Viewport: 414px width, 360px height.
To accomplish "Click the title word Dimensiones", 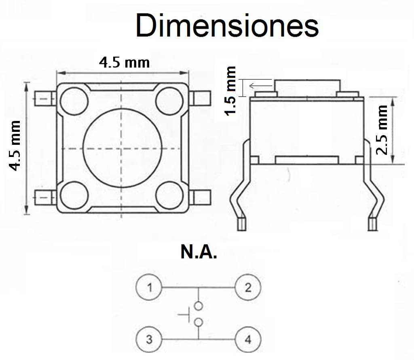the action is pyautogui.click(x=227, y=25).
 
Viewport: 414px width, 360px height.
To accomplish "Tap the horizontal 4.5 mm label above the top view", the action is pyautogui.click(x=125, y=63).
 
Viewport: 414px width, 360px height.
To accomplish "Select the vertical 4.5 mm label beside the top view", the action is pyautogui.click(x=15, y=146).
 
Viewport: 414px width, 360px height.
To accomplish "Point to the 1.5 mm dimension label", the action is pyautogui.click(x=230, y=91).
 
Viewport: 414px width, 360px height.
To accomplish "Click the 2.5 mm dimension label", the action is pyautogui.click(x=382, y=130).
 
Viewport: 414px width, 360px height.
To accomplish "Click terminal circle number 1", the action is pyautogui.click(x=149, y=287).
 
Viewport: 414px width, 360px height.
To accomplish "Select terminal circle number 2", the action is pyautogui.click(x=248, y=287).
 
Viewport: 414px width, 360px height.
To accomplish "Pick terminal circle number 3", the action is pyautogui.click(x=149, y=339).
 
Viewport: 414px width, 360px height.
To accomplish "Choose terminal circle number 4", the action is pyautogui.click(x=248, y=339).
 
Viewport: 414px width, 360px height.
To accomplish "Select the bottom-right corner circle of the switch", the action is pyautogui.click(x=169, y=195).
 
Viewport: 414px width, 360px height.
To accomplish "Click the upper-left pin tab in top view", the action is pyautogui.click(x=45, y=99).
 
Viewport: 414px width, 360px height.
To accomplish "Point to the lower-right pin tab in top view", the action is pyautogui.click(x=200, y=197).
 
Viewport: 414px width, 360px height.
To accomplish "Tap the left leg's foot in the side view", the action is pyautogui.click(x=242, y=224).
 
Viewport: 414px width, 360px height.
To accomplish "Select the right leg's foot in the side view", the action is pyautogui.click(x=372, y=224).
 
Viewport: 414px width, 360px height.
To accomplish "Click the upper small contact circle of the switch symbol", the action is pyautogui.click(x=198, y=306).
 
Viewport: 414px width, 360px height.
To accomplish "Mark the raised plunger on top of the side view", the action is pyautogui.click(x=307, y=88).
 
